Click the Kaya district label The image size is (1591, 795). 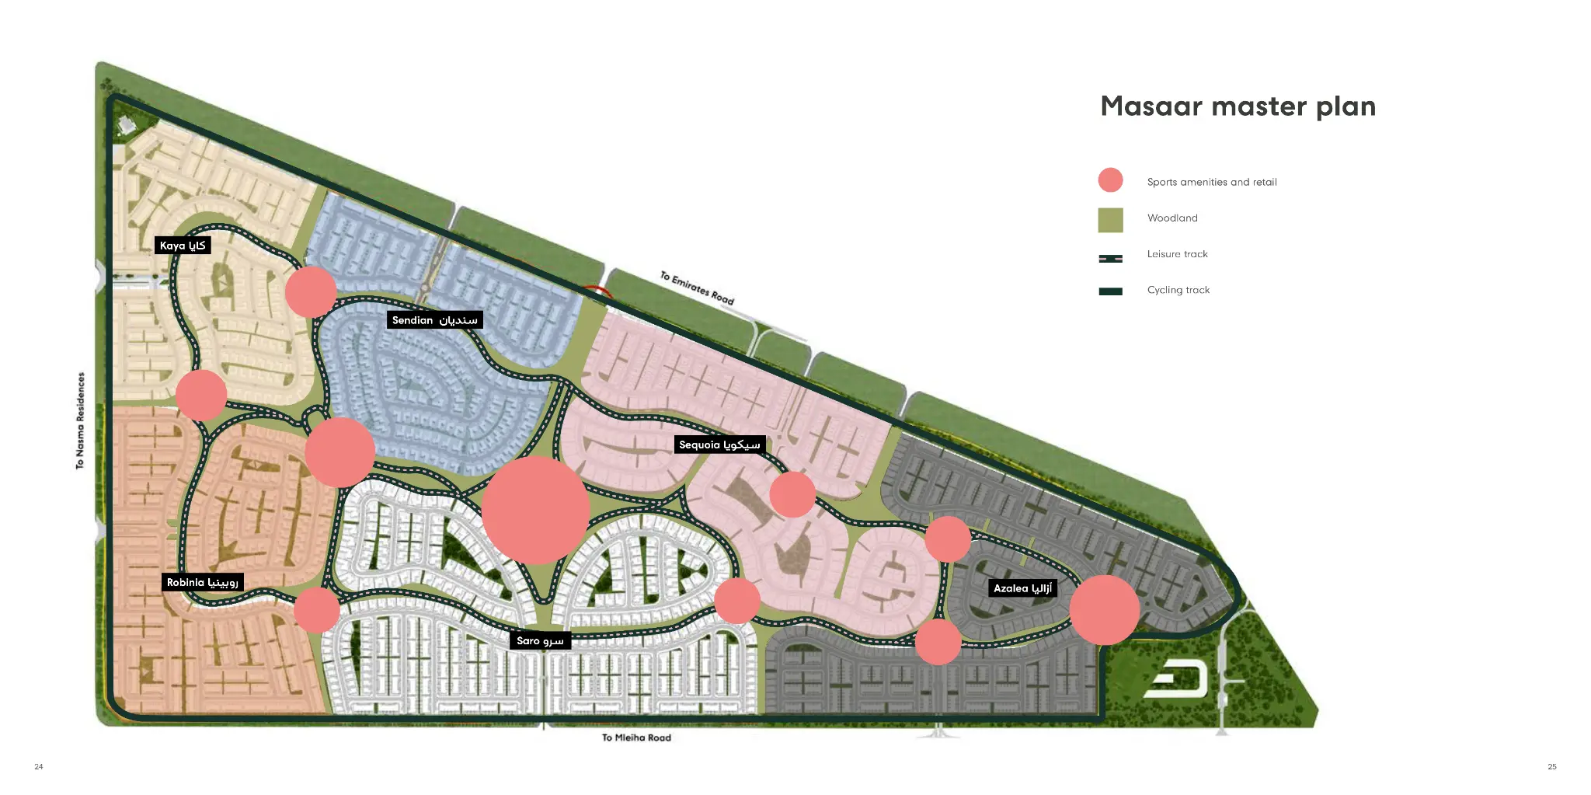click(183, 246)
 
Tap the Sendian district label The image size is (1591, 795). click(434, 320)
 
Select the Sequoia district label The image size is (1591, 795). click(719, 445)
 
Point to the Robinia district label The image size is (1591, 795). click(202, 582)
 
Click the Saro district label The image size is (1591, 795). click(540, 640)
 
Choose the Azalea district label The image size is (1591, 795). click(1022, 588)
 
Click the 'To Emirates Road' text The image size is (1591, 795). click(697, 288)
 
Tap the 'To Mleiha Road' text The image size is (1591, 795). click(636, 737)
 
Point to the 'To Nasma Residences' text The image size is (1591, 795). click(80, 420)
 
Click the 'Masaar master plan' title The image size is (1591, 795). click(1238, 106)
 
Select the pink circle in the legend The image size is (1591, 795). click(1110, 180)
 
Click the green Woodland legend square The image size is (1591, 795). click(1110, 220)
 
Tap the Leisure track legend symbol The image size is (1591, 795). click(1110, 258)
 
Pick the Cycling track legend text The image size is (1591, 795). click(1178, 290)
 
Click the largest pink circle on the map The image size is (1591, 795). click(535, 510)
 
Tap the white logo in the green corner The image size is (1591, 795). click(1177, 680)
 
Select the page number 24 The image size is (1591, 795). click(39, 766)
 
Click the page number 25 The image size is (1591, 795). click(1551, 766)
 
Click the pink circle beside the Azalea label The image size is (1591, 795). click(1104, 610)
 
